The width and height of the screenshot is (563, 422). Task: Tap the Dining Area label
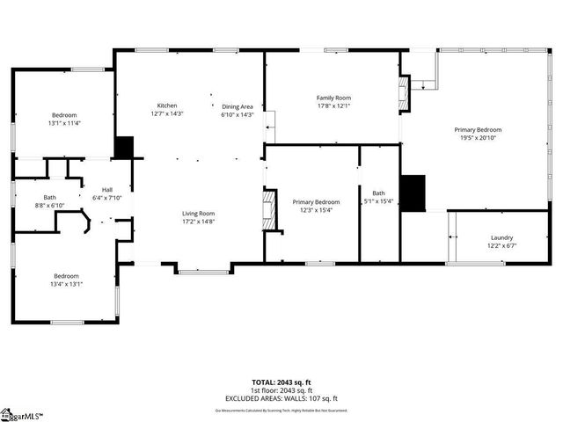pyautogui.click(x=237, y=105)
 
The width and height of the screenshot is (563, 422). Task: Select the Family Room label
pyautogui.click(x=333, y=98)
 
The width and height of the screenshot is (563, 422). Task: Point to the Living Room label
pyautogui.click(x=198, y=214)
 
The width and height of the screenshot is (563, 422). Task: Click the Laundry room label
pyautogui.click(x=501, y=237)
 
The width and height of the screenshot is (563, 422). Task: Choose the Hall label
pyautogui.click(x=106, y=190)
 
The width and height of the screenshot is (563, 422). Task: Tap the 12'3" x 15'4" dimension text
pyautogui.click(x=315, y=209)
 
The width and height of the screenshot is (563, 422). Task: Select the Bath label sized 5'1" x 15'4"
pyautogui.click(x=378, y=193)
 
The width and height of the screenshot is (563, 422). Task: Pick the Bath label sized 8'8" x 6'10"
pyautogui.click(x=49, y=197)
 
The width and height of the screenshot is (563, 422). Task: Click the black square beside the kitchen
pyautogui.click(x=124, y=148)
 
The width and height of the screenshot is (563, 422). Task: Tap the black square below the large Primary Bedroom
pyautogui.click(x=413, y=193)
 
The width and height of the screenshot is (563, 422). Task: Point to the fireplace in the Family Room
pyautogui.click(x=404, y=94)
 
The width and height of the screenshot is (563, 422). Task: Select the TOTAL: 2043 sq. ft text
pyautogui.click(x=281, y=382)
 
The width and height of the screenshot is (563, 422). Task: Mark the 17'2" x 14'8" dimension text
pyautogui.click(x=198, y=222)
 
